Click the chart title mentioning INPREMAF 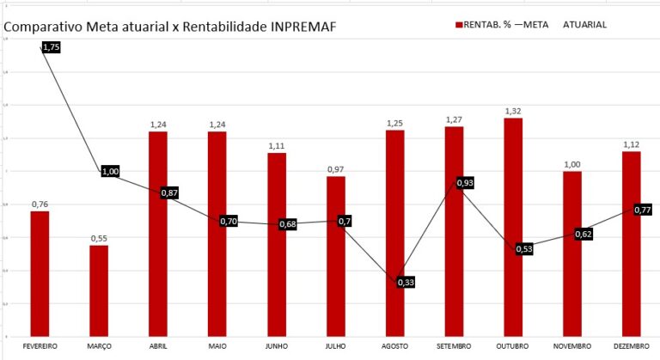pyautogui.click(x=170, y=27)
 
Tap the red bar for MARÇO pyautogui.click(x=99, y=290)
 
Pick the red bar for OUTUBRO pyautogui.click(x=513, y=227)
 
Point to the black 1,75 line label pyautogui.click(x=51, y=48)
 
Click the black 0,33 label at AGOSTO pyautogui.click(x=406, y=282)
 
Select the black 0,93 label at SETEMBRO pyautogui.click(x=465, y=183)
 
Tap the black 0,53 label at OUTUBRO pyautogui.click(x=524, y=249)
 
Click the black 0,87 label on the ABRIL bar pyautogui.click(x=169, y=193)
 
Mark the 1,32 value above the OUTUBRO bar pyautogui.click(x=513, y=111)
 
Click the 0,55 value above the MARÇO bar pyautogui.click(x=99, y=238)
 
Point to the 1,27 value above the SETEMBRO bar pyautogui.click(x=454, y=119)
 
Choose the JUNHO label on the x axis pyautogui.click(x=276, y=345)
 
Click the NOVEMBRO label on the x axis pyautogui.click(x=571, y=345)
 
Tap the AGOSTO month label pyautogui.click(x=394, y=345)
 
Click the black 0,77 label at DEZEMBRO pyautogui.click(x=642, y=211)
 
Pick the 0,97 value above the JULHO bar pyautogui.click(x=335, y=169)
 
